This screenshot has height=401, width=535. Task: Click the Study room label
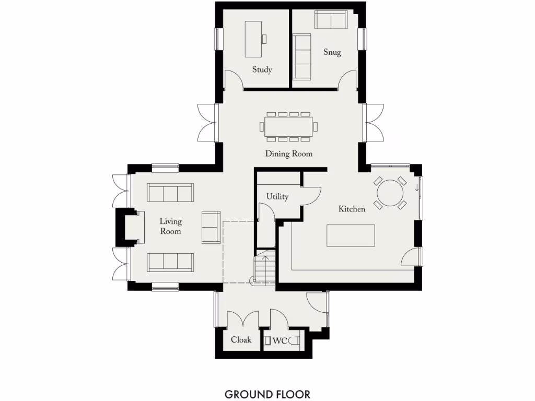point(262,69)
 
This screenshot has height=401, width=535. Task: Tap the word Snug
point(332,52)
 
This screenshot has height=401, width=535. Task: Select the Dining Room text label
point(288,154)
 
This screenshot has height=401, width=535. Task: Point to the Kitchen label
point(352,209)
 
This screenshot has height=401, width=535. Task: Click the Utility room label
point(277,197)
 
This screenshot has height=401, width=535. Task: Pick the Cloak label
point(241,340)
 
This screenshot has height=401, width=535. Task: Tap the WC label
point(280,341)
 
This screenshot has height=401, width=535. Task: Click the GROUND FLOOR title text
point(267,394)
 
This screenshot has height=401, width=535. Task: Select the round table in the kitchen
point(390,193)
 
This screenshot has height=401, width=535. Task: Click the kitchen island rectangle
point(351,235)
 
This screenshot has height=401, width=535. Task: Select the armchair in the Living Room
point(211,227)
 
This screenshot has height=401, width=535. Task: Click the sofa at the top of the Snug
point(331,20)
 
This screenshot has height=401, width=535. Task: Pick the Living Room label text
point(170,227)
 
